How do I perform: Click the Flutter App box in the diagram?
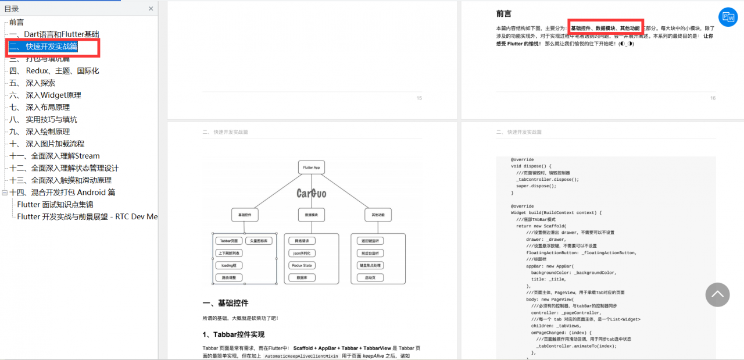311,167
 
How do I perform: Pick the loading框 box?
228,265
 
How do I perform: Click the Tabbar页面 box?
228,241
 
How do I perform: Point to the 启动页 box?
370,278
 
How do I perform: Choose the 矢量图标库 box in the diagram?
258,241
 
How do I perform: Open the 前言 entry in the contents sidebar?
16,22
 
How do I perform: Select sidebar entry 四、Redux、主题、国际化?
54,70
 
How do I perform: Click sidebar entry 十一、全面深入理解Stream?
54,156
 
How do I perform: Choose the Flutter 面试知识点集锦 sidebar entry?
55,204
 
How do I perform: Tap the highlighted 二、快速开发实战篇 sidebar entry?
52,47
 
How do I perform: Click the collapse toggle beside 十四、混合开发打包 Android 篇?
5,193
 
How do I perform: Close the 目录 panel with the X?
151,9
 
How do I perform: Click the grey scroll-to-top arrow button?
717,295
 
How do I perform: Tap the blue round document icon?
728,17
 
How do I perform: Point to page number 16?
713,98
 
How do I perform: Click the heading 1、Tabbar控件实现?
233,334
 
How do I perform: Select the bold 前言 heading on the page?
503,13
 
